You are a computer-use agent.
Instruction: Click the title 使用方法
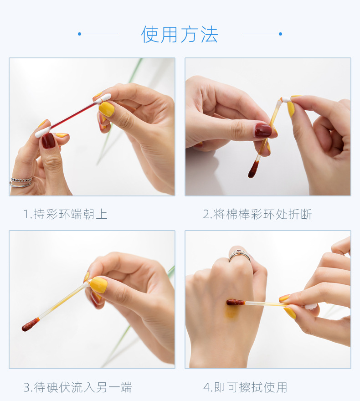pos(180,34)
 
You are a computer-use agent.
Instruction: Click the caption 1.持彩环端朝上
pos(66,214)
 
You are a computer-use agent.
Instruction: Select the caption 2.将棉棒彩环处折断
pos(257,214)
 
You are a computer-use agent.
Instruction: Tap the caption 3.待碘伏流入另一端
pos(78,387)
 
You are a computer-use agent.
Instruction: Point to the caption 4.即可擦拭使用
pos(246,387)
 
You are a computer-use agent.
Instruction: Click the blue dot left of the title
pos(79,34)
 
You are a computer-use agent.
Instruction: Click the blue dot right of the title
pos(281,34)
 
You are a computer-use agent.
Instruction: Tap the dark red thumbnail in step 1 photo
pos(48,140)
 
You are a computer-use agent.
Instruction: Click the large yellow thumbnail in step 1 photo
pos(107,109)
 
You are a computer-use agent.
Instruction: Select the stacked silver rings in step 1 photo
pos(21,182)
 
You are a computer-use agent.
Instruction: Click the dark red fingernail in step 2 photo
pos(263,130)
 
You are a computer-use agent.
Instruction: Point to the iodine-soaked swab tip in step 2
pos(253,169)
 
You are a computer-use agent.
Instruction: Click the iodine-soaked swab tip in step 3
pos(31,324)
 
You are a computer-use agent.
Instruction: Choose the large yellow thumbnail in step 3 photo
pos(99,285)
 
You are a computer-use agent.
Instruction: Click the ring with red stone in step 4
pos(240,255)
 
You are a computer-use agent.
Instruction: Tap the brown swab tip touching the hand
pos(236,303)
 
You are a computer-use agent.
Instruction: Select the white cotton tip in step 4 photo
pos(311,307)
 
